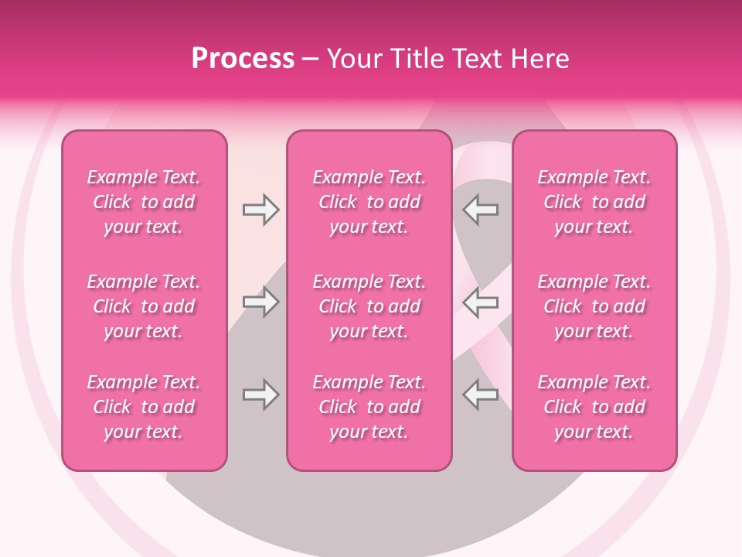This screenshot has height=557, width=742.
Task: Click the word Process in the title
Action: [243, 59]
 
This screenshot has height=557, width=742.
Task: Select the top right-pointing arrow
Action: [261, 210]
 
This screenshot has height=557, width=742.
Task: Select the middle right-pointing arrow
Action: [261, 302]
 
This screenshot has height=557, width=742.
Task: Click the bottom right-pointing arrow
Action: [261, 395]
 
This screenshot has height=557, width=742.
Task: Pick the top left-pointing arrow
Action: [481, 210]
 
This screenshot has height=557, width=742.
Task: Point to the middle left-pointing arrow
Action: [481, 302]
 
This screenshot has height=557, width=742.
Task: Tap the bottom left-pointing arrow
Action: [481, 395]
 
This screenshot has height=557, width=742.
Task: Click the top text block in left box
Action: [144, 202]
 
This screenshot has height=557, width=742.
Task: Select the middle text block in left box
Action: [144, 306]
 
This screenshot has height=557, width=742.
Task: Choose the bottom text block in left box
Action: [144, 407]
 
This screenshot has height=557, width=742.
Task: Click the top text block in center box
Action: [369, 202]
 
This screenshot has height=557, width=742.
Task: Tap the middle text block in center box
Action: [369, 306]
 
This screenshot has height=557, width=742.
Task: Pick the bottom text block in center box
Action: [369, 407]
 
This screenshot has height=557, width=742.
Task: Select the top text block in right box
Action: [594, 202]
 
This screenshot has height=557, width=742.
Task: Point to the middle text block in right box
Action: [594, 306]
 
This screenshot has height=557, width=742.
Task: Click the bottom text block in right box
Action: [594, 407]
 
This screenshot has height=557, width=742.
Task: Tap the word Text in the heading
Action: [478, 59]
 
